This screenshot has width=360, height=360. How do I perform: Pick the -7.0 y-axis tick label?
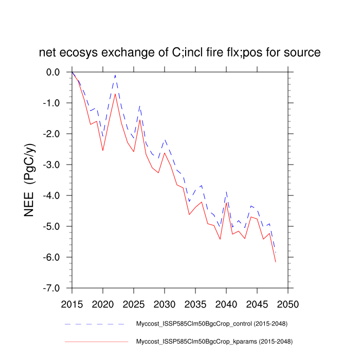pos(52,288)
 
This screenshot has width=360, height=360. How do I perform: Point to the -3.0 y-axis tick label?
pos(52,165)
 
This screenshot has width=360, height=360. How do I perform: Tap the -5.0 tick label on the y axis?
pos(52,226)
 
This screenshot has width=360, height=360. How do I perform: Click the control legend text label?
pos(211,324)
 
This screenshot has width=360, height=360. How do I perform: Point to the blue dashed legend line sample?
pos(95,324)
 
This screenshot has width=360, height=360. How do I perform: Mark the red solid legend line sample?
pos(95,341)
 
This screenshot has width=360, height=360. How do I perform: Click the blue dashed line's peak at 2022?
pos(115,75)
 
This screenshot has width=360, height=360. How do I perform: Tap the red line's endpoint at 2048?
pos(276,262)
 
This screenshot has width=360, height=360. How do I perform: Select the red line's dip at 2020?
pos(103,150)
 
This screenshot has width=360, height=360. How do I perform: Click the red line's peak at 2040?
pos(226,202)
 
